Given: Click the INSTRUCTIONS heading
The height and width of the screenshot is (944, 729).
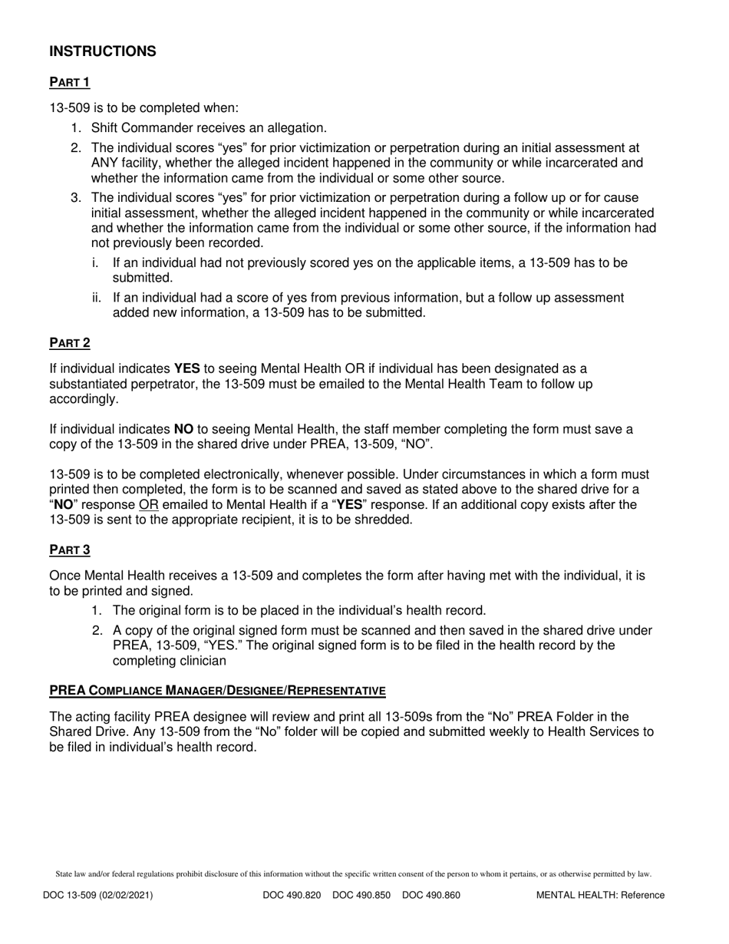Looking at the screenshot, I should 103,51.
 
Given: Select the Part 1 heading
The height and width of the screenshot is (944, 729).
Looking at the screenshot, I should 70,82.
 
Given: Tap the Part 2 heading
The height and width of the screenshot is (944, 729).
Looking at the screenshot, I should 70,342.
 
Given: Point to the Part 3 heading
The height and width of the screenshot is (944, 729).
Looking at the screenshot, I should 70,549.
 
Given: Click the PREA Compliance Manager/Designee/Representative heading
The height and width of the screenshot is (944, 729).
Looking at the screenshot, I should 217,690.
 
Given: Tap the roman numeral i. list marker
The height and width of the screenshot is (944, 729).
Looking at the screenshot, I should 95,263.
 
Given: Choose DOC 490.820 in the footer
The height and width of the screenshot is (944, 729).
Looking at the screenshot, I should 292,895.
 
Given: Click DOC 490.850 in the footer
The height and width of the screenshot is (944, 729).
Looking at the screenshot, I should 361,895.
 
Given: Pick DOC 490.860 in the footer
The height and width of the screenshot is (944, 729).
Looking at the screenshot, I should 430,895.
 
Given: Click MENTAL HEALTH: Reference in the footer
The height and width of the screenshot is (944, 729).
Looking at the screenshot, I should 600,895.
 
